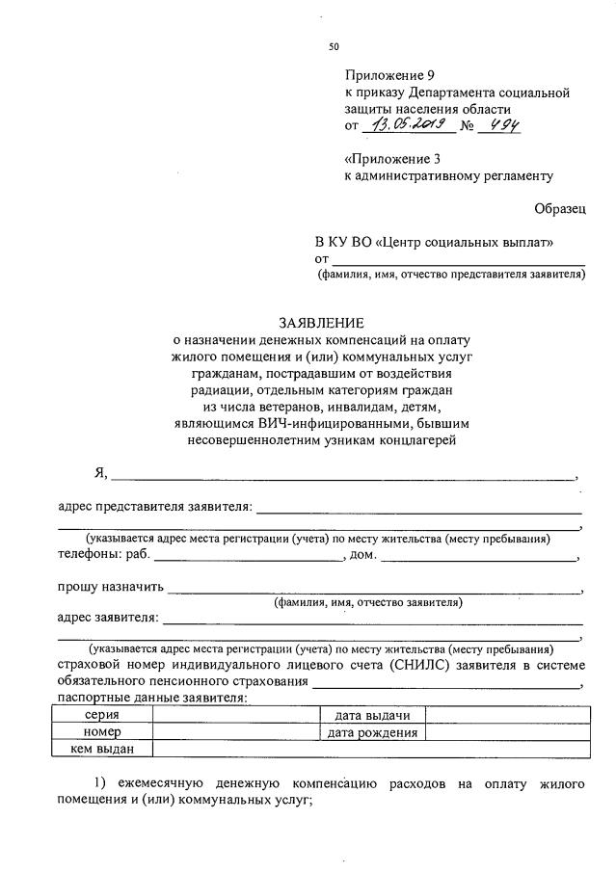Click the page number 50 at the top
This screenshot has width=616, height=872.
pos(334,46)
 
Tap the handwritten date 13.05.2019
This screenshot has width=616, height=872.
pos(403,124)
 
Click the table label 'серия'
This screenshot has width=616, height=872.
pos(102,715)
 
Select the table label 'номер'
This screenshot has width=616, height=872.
pos(102,732)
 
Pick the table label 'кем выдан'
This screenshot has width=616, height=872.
pos(102,749)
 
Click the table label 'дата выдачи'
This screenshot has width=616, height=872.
pos(372,715)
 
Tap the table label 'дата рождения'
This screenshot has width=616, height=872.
pos(372,732)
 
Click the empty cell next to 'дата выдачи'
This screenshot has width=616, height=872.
pos(505,715)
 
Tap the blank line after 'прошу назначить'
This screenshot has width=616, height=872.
pos(376,587)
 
